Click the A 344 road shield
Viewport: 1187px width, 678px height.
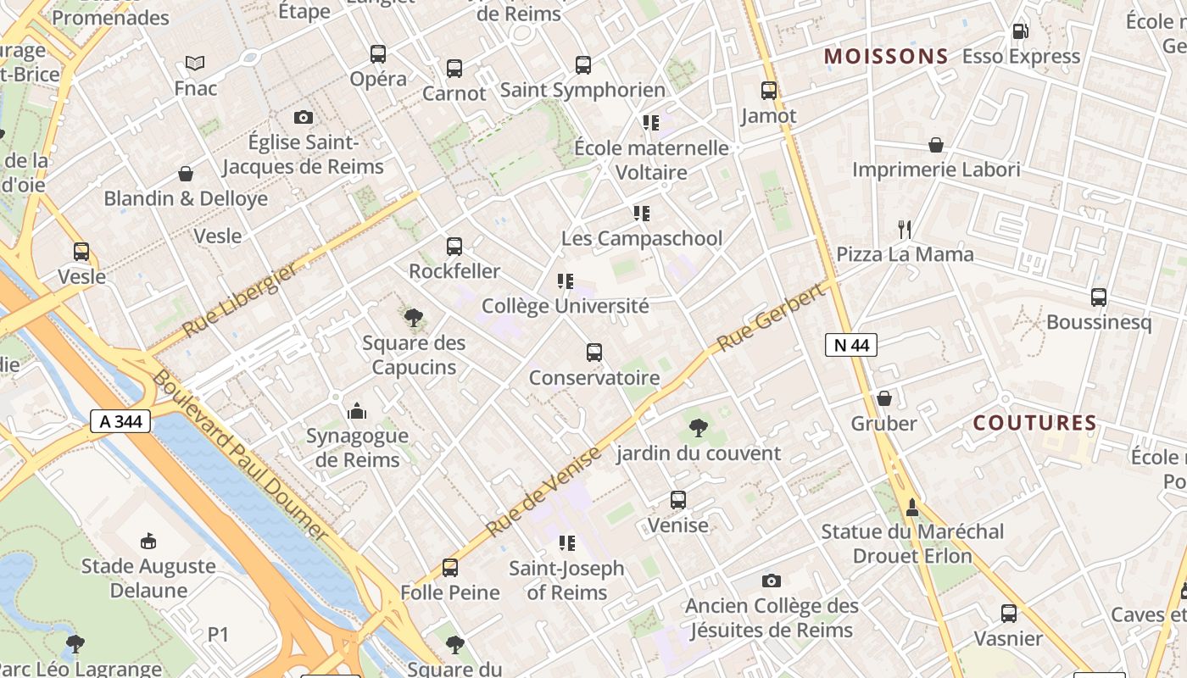pos(120,421)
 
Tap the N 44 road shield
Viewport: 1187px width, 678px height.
pos(851,345)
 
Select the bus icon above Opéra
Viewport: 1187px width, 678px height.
pos(378,54)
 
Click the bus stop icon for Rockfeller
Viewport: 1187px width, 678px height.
pos(454,247)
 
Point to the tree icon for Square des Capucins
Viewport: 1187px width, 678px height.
pos(414,318)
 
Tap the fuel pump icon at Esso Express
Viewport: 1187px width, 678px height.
pos(1020,31)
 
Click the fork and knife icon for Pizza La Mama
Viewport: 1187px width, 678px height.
pos(905,229)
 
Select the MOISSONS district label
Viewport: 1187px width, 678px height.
pos(886,57)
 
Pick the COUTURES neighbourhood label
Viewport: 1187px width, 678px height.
pos(1034,423)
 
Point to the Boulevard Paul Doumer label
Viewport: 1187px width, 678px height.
pos(239,455)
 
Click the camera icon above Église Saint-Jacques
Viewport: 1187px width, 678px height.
pos(304,117)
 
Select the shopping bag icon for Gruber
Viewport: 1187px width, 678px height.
pos(884,398)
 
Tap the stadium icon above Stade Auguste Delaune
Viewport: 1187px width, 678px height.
pos(148,540)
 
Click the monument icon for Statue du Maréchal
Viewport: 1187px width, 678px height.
pos(912,507)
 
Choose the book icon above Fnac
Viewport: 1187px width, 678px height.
pos(195,63)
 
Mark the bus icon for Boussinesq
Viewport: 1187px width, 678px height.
pos(1099,297)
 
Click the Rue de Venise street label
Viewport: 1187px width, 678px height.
pos(543,492)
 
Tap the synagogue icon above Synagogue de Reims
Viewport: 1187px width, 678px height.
pos(357,411)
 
